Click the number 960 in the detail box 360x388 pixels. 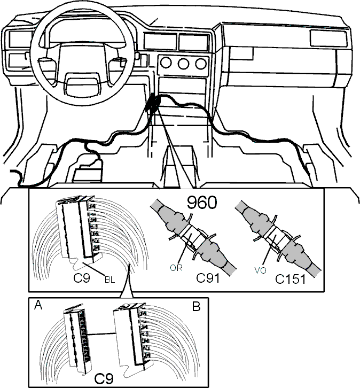tap(202, 203)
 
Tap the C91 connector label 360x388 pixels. tap(208, 278)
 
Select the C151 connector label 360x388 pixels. tap(290, 279)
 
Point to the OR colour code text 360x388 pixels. tap(176, 268)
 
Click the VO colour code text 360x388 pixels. tap(260, 270)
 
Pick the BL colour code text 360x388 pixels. tap(110, 280)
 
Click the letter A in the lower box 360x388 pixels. tap(38, 305)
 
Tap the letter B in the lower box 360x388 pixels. tap(197, 307)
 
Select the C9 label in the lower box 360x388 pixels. tap(104, 378)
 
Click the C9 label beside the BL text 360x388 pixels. tap(82, 278)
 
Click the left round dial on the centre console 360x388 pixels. tap(166, 63)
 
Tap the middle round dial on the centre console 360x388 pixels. tap(183, 64)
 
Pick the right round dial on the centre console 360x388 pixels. tap(201, 64)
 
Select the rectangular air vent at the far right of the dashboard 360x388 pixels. tap(328, 38)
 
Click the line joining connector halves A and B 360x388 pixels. tap(102, 335)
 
